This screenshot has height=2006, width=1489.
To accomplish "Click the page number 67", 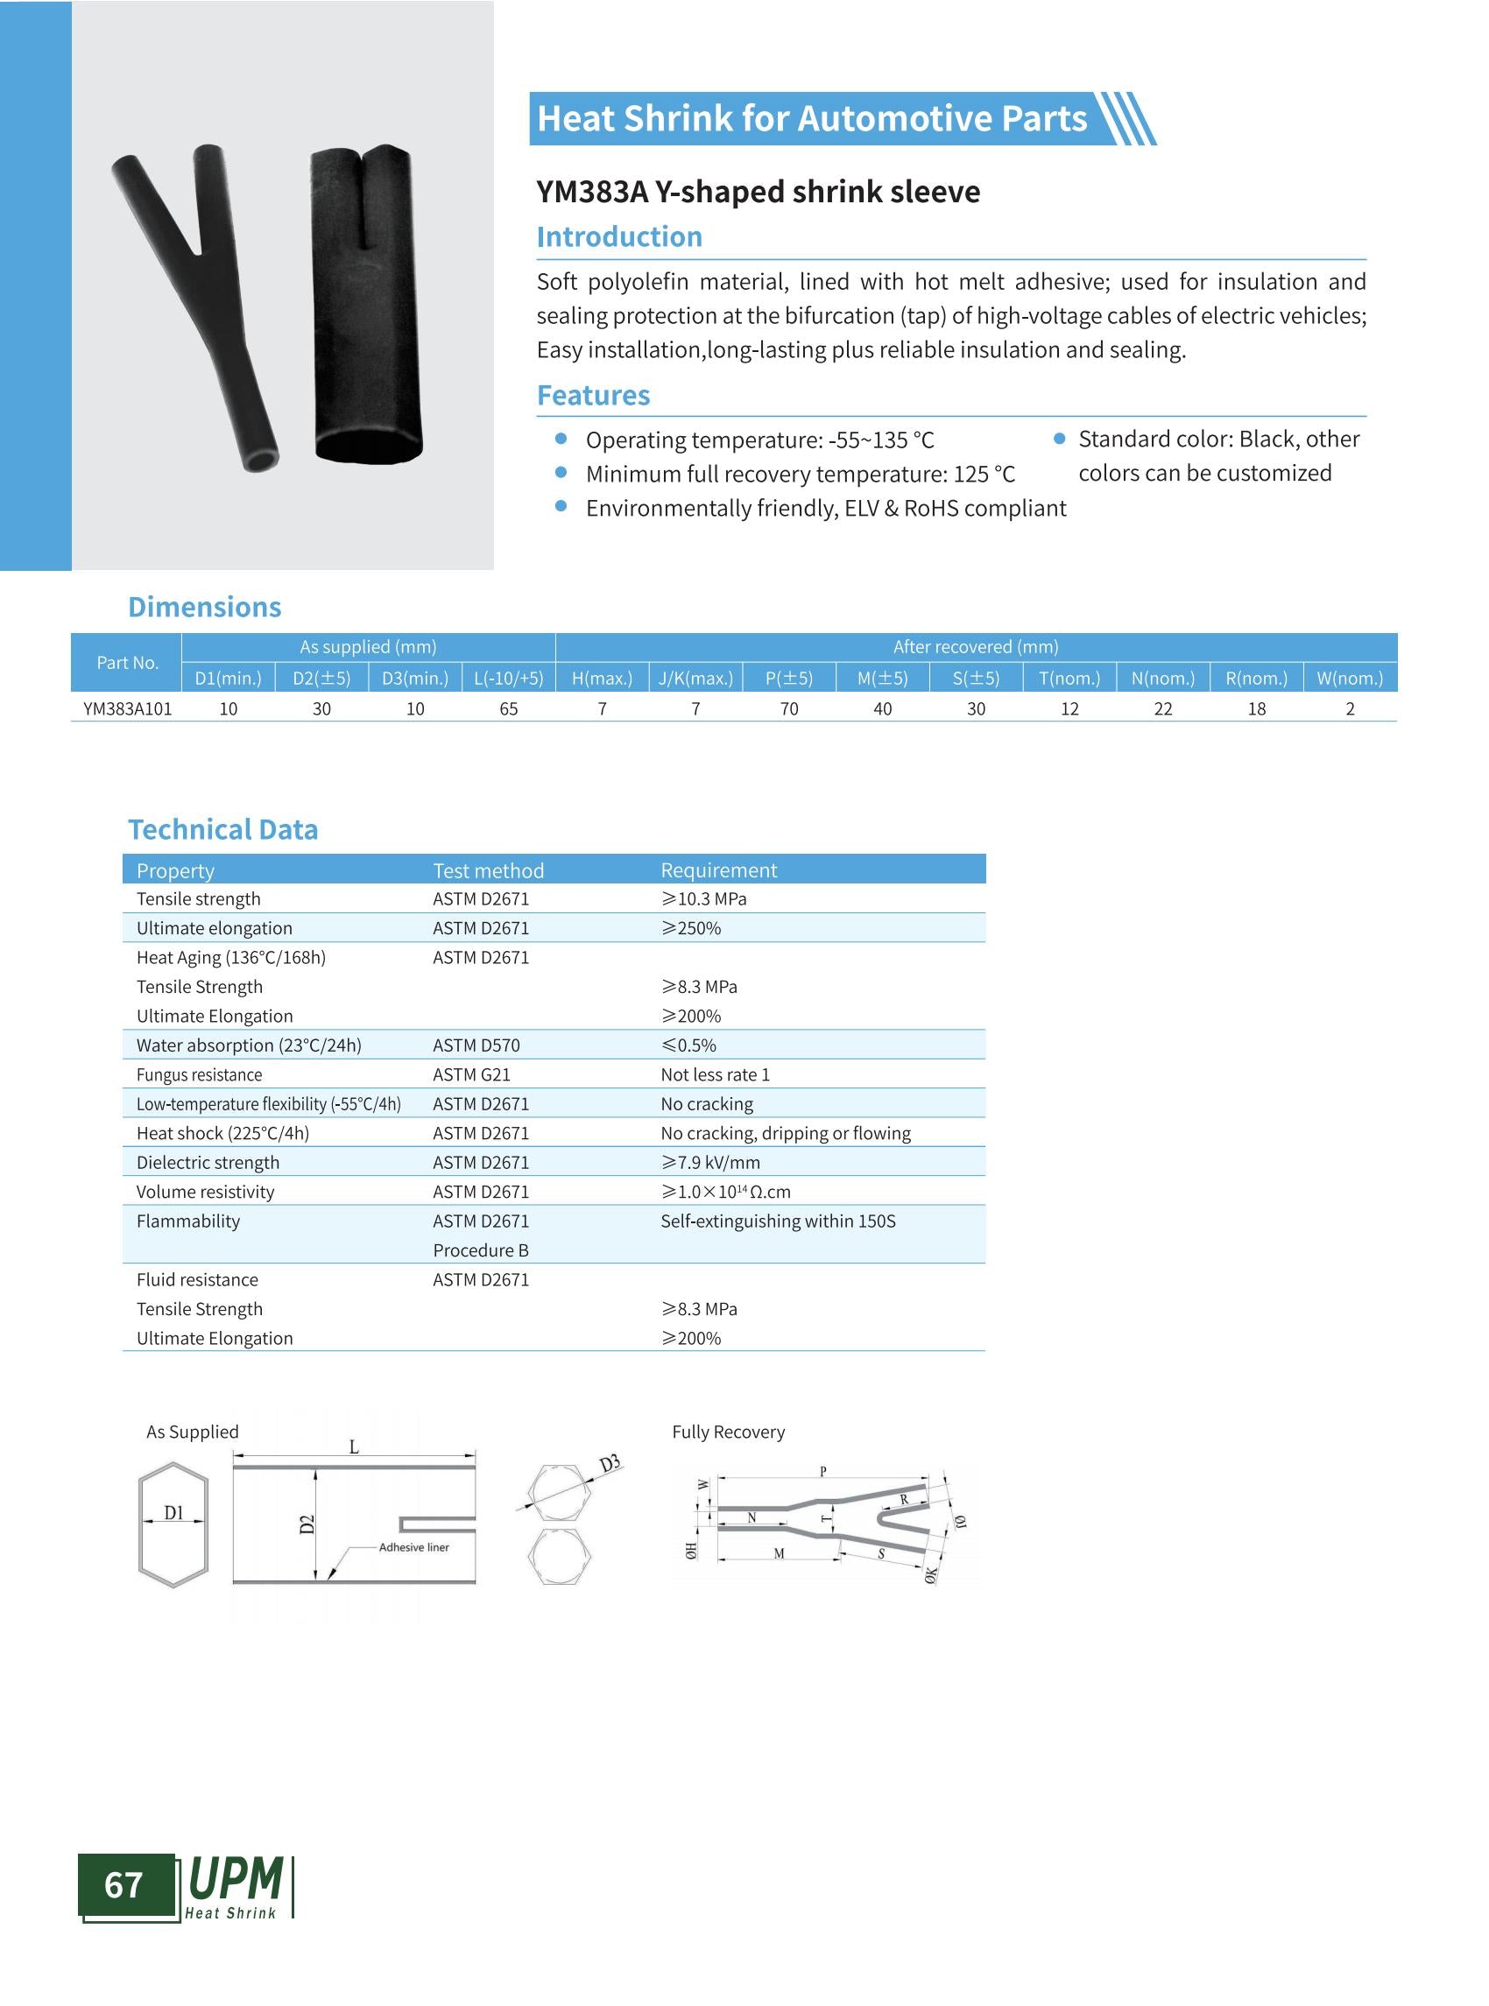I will pyautogui.click(x=123, y=1884).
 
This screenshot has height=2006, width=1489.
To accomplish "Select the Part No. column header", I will pyautogui.click(x=127, y=662).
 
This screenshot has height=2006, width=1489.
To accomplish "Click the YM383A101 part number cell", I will pyautogui.click(x=127, y=709).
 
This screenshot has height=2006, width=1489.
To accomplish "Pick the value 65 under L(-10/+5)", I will pyautogui.click(x=508, y=709).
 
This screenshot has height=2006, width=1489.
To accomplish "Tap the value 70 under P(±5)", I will pyautogui.click(x=788, y=709).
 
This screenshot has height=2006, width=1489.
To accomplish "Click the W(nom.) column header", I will pyautogui.click(x=1349, y=679).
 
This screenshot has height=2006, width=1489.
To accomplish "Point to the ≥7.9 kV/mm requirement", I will pyautogui.click(x=710, y=1163).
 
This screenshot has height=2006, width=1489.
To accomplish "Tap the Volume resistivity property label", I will pyautogui.click(x=206, y=1192).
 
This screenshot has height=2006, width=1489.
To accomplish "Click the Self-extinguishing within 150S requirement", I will pyautogui.click(x=778, y=1221).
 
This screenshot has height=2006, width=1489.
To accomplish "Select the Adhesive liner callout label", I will pyautogui.click(x=413, y=1547).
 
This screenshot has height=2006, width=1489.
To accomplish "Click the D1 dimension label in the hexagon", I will pyautogui.click(x=174, y=1513).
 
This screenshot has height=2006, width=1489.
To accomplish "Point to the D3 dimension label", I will pyautogui.click(x=610, y=1464).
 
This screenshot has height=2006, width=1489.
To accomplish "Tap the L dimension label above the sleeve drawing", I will pyautogui.click(x=354, y=1447).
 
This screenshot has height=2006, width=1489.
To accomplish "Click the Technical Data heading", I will pyautogui.click(x=222, y=829).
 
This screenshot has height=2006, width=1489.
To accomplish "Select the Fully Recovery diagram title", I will pyautogui.click(x=728, y=1432).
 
